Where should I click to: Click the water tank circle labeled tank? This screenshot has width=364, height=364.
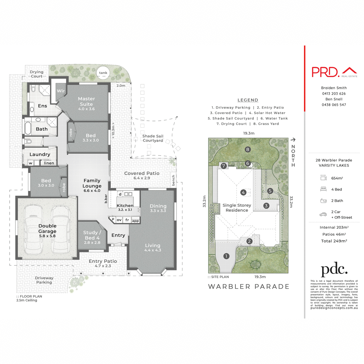103,72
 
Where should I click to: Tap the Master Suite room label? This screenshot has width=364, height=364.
86,101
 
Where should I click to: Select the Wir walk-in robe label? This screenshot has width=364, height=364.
61,91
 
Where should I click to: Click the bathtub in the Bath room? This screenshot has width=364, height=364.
28,128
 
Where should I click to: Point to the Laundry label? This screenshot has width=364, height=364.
40,154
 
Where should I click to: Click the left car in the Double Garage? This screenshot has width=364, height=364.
34,229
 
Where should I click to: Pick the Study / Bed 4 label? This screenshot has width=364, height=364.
92,235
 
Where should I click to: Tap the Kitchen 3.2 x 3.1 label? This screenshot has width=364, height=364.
125,207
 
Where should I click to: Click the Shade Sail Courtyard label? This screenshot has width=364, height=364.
153,138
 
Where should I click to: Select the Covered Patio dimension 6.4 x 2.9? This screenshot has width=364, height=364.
142,178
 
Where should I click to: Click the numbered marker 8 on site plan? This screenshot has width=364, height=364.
248,149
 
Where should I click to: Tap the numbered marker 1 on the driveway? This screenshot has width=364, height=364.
226,256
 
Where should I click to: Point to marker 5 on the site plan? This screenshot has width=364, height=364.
270,191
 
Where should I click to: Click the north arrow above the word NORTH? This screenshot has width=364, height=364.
293,140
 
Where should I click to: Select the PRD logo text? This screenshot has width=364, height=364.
325,72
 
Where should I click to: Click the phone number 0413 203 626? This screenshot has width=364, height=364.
334,94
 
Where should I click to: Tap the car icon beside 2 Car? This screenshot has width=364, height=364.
323,214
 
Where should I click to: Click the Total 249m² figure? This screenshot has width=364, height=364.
334,241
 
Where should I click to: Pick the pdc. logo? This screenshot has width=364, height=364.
334,270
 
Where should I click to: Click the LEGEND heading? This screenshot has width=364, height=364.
248,100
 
